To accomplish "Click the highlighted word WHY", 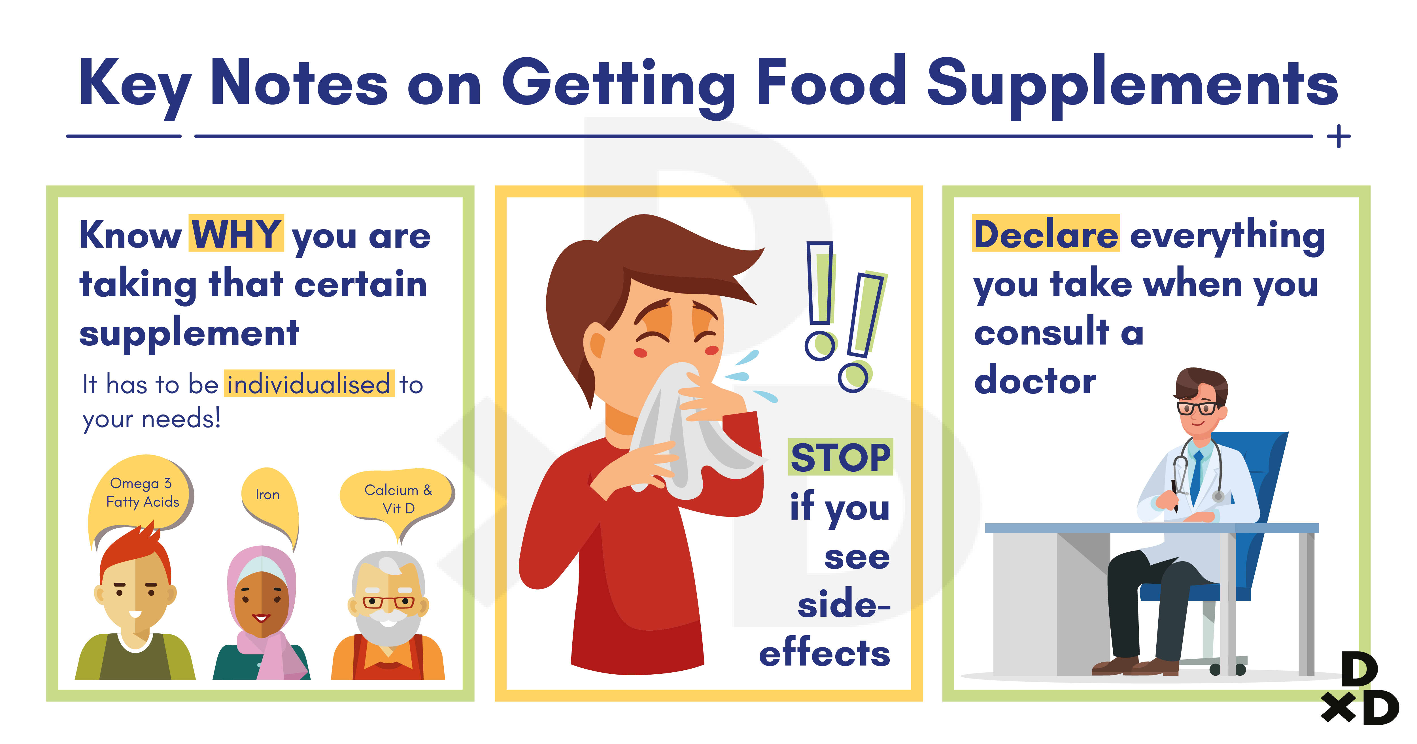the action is (x=237, y=234).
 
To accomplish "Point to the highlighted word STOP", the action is (x=840, y=457).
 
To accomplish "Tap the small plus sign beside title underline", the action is (x=1339, y=136).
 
